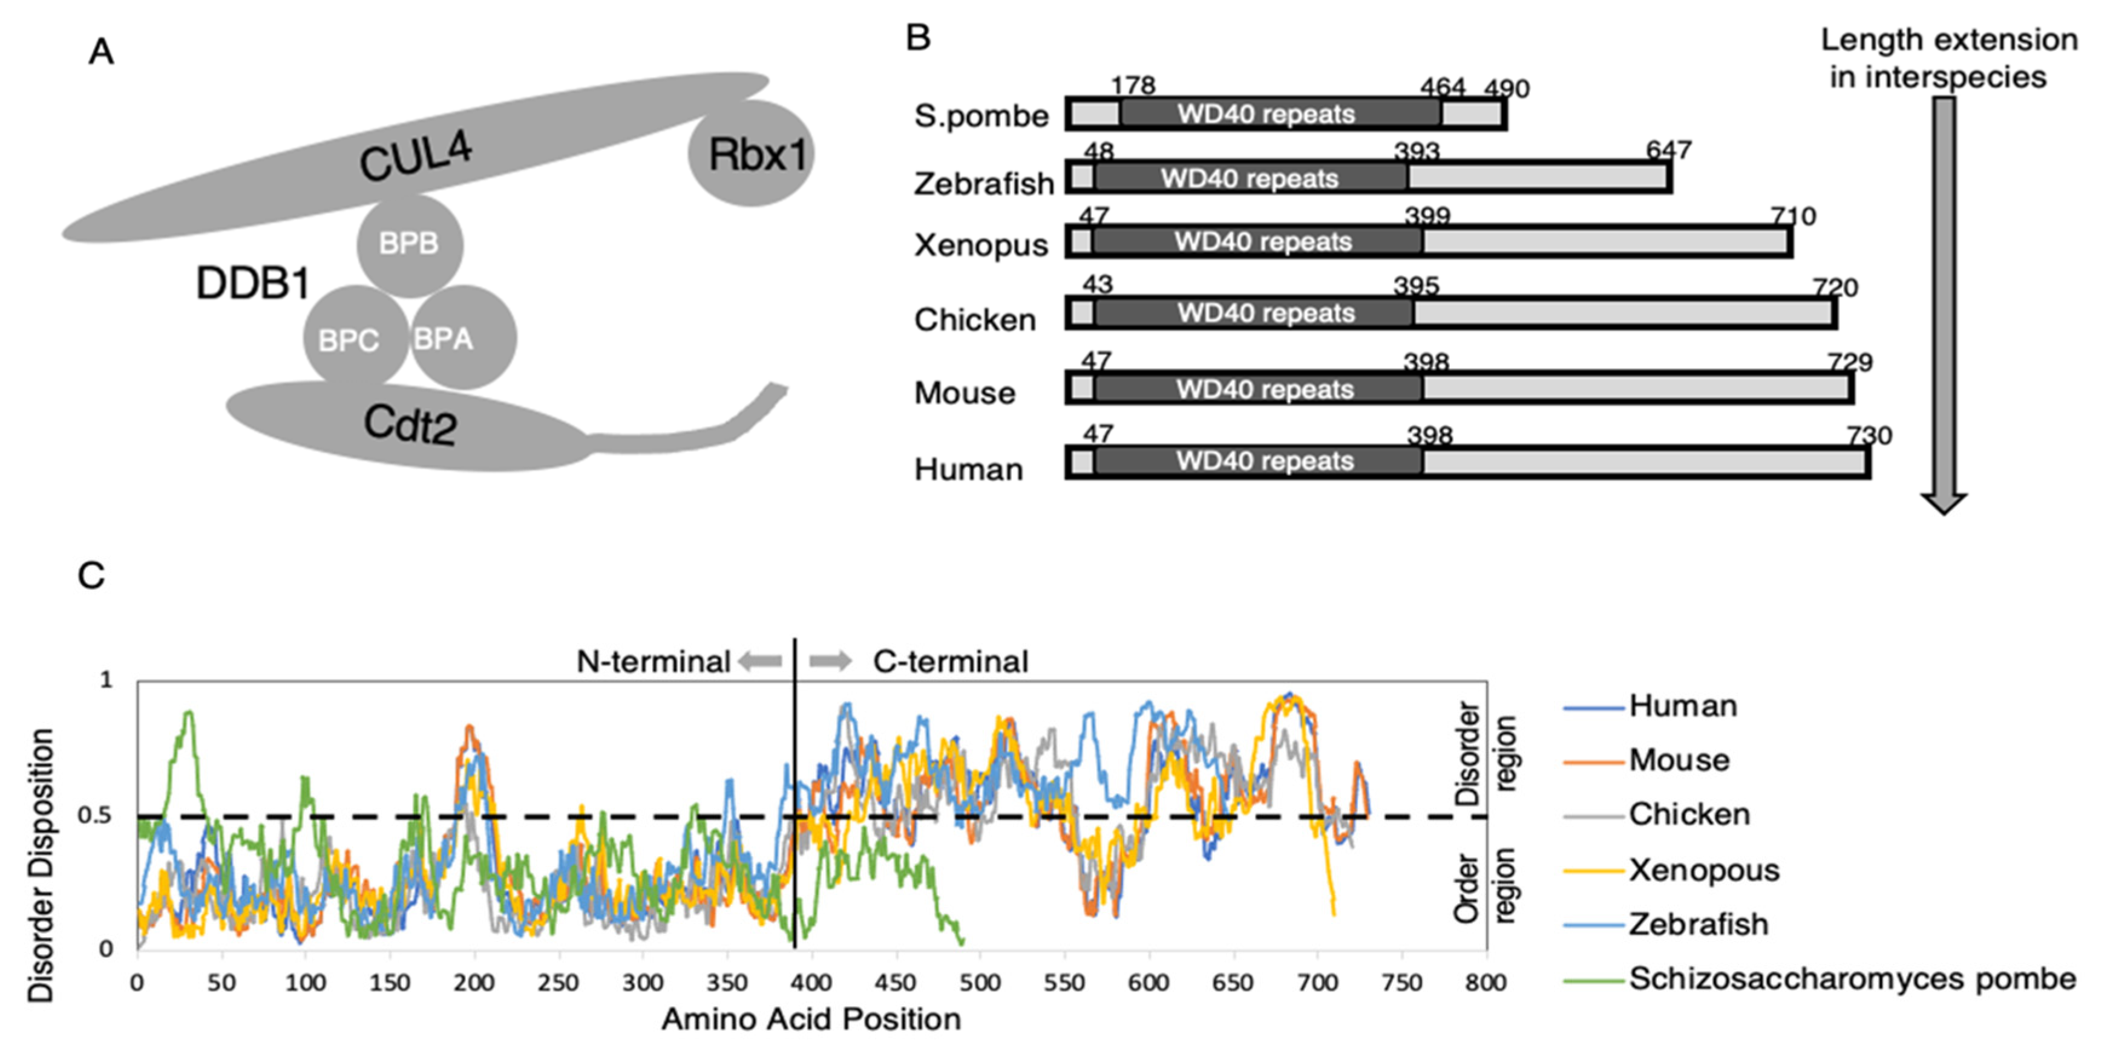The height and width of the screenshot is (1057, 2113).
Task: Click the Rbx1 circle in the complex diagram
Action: (752, 154)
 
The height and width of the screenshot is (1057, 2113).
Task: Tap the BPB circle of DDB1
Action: (409, 244)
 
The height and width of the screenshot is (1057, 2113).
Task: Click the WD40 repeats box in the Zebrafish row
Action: (1250, 178)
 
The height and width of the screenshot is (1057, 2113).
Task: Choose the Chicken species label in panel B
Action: (974, 320)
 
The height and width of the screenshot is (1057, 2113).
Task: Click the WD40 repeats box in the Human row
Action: (1264, 461)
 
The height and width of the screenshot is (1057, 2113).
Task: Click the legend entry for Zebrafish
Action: (1697, 924)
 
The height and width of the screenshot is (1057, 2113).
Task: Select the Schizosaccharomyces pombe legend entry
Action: (1852, 978)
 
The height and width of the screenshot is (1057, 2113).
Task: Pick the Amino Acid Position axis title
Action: (810, 1020)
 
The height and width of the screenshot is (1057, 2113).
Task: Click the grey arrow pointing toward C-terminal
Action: (830, 661)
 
